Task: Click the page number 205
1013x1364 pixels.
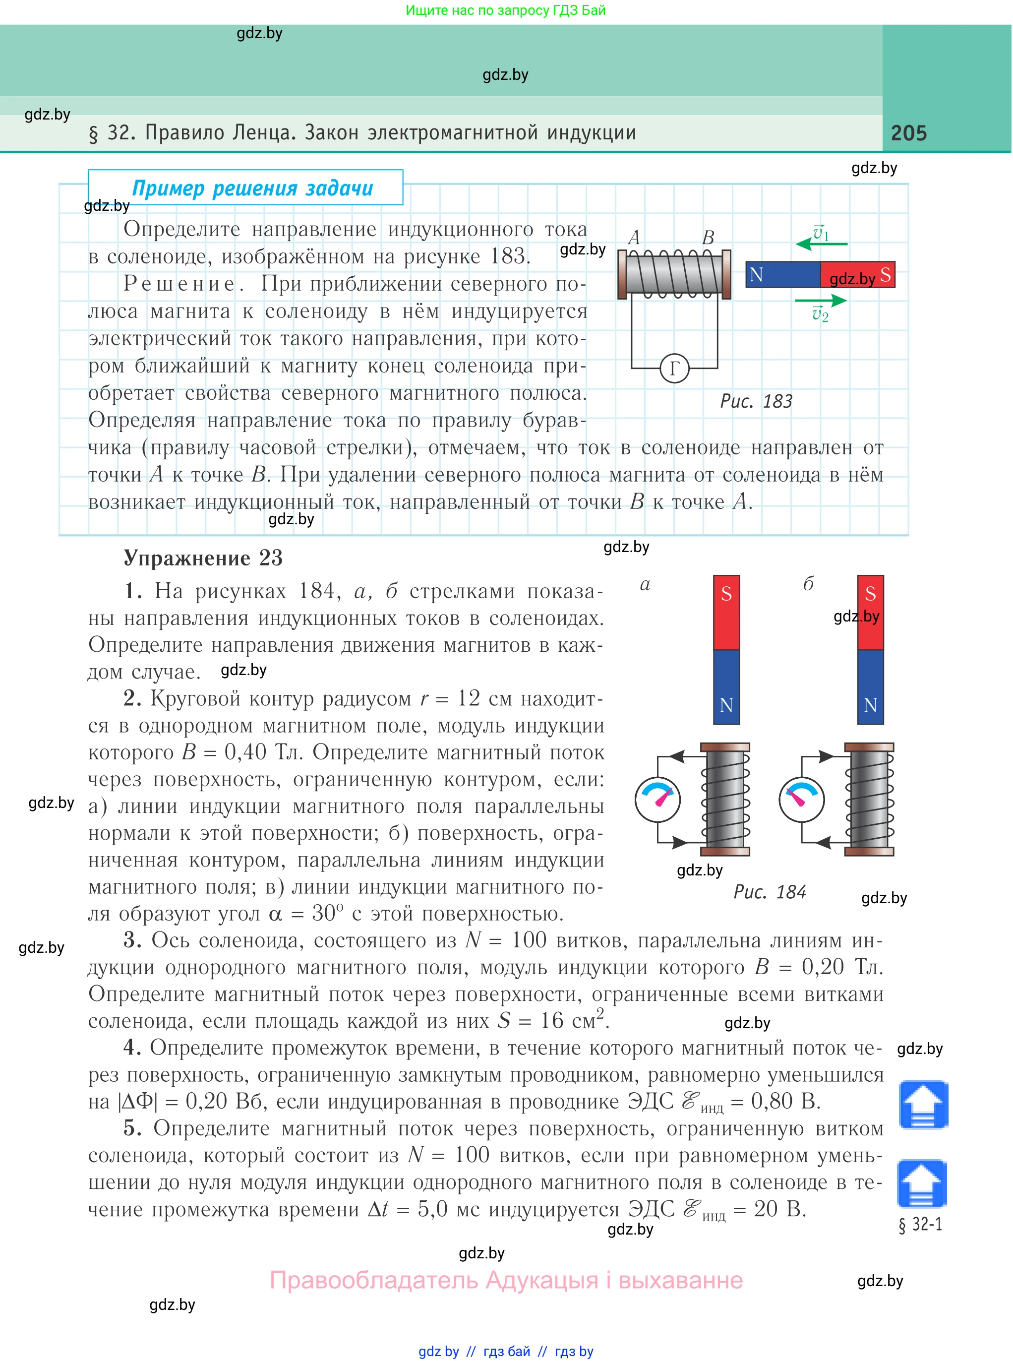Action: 908,133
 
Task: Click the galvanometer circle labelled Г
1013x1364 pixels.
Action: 674,368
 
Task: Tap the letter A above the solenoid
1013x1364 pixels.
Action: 634,237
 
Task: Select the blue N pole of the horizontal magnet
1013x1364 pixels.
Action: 782,275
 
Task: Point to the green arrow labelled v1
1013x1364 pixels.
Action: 821,244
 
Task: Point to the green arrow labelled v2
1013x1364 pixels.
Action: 821,301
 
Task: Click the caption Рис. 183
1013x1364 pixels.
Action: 756,401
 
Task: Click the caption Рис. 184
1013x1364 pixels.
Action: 770,892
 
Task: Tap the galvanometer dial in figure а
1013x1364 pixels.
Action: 657,799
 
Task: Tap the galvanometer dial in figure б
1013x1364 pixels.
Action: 801,799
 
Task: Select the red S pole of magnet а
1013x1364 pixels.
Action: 726,612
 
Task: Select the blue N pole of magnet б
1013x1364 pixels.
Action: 870,687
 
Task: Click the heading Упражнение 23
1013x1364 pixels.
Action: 203,558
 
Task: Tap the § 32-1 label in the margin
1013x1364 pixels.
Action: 920,1224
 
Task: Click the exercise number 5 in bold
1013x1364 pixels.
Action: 129,1128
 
